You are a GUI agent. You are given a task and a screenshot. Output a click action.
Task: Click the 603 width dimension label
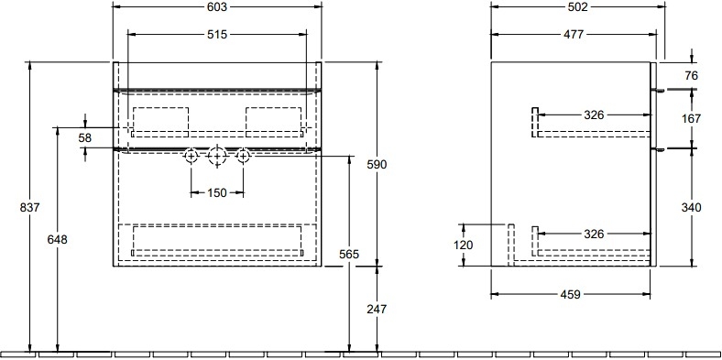(217, 7)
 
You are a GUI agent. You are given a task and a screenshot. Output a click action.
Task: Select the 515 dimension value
(217, 34)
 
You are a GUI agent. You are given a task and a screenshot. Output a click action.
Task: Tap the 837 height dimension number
(30, 208)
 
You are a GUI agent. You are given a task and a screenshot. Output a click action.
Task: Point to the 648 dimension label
(57, 239)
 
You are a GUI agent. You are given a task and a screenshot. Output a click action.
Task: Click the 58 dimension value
(85, 137)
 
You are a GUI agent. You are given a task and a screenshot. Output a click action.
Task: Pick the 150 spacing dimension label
(217, 192)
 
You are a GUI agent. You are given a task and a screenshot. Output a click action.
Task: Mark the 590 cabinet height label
(377, 164)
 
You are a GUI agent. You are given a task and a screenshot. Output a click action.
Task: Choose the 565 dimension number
(349, 254)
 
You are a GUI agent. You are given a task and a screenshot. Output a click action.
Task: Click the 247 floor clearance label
(377, 310)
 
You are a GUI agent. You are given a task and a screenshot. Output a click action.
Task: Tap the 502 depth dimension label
(578, 7)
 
